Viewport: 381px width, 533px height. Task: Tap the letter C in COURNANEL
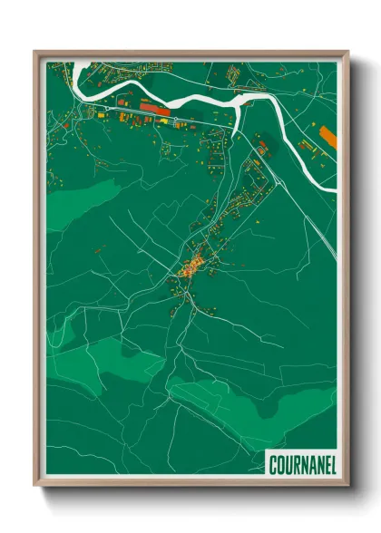pos(273,464)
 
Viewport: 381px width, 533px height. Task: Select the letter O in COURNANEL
pos(280,464)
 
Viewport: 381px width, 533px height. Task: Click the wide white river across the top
pos(181,98)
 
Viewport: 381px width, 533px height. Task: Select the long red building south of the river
pos(153,108)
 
